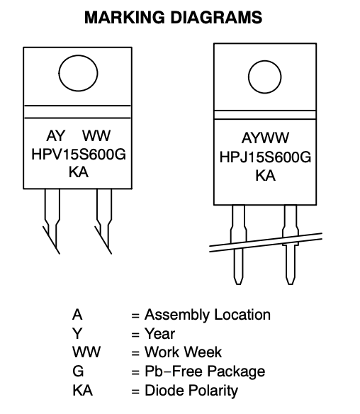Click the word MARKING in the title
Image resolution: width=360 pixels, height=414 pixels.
click(x=125, y=18)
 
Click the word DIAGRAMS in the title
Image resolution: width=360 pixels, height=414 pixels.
click(x=216, y=18)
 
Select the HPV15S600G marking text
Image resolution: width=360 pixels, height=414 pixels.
click(x=79, y=155)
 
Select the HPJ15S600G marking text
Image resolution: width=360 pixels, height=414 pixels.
click(x=265, y=157)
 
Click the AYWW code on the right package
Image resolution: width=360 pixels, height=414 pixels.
click(x=265, y=138)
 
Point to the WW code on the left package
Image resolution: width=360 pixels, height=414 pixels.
click(x=96, y=135)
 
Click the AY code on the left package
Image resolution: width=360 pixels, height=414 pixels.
click(x=56, y=135)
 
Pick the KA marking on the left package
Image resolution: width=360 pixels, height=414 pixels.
click(x=79, y=172)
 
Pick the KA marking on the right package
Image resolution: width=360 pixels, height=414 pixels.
click(x=266, y=176)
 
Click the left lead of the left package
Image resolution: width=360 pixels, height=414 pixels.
click(x=52, y=221)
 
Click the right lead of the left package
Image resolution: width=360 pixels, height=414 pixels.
click(x=104, y=221)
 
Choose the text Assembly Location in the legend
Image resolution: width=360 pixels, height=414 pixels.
click(x=208, y=315)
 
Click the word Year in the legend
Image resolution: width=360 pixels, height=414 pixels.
click(x=159, y=334)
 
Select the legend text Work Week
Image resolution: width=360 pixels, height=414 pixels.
click(x=183, y=352)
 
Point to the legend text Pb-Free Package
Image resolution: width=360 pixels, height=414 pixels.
click(x=205, y=371)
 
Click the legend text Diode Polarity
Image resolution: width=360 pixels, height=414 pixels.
click(x=191, y=391)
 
